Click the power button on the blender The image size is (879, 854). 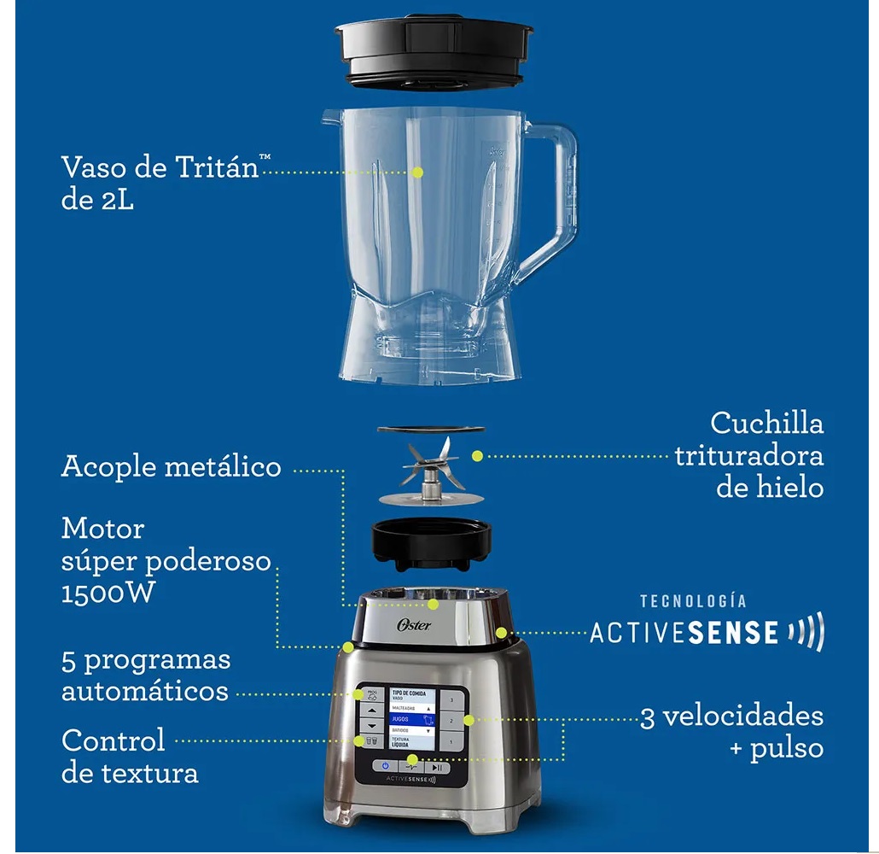(386, 767)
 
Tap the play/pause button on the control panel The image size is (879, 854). (437, 767)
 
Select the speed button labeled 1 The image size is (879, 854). (451, 742)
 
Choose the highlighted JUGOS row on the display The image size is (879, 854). (412, 720)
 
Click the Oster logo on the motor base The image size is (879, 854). (415, 625)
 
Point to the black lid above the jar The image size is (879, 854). (434, 51)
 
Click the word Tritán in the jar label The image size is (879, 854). (217, 167)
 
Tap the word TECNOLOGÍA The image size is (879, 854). (693, 601)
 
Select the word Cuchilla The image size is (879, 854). (767, 423)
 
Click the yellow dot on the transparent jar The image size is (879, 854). (417, 173)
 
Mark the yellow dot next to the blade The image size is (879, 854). (477, 456)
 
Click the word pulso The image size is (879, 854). (786, 749)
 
